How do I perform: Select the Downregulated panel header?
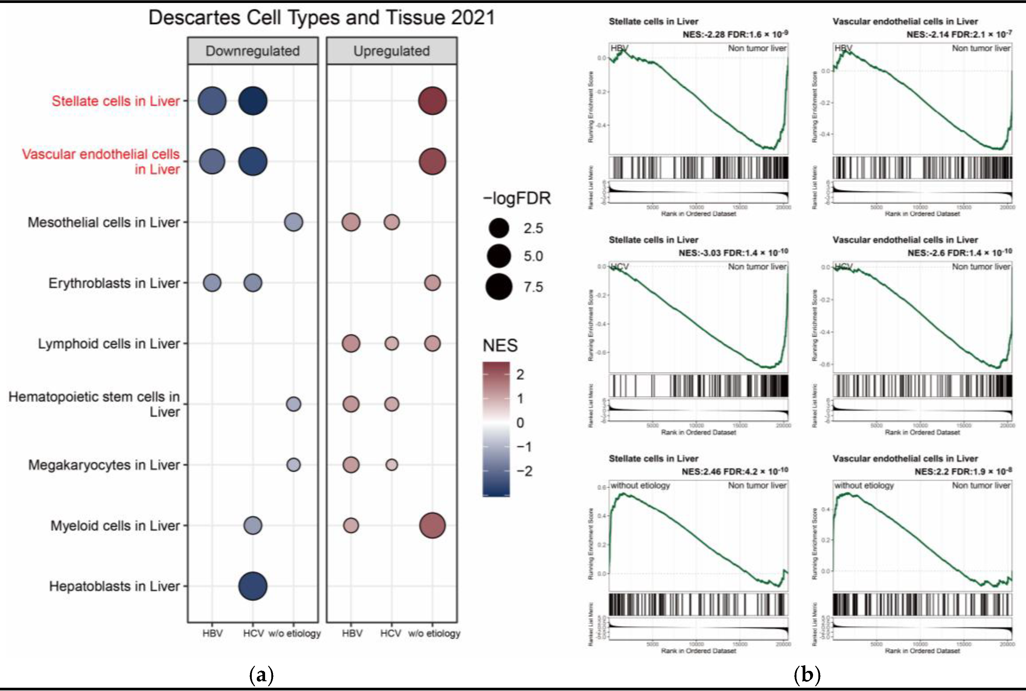[252, 51]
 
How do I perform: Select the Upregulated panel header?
[391, 51]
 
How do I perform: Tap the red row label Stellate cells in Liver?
[116, 101]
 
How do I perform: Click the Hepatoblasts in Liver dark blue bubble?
[253, 586]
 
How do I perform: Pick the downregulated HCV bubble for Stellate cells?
[253, 101]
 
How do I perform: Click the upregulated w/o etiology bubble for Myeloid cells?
[432, 525]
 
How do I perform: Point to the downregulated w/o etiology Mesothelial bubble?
[293, 222]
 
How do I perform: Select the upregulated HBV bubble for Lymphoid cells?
[351, 343]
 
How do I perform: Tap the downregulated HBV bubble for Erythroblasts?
[212, 283]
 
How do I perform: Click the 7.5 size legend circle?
[499, 287]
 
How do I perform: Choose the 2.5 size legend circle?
[499, 228]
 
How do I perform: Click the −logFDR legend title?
[517, 198]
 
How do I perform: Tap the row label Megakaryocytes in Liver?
[104, 465]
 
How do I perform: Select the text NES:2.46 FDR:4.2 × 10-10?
[735, 471]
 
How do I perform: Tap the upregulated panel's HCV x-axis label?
[391, 633]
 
